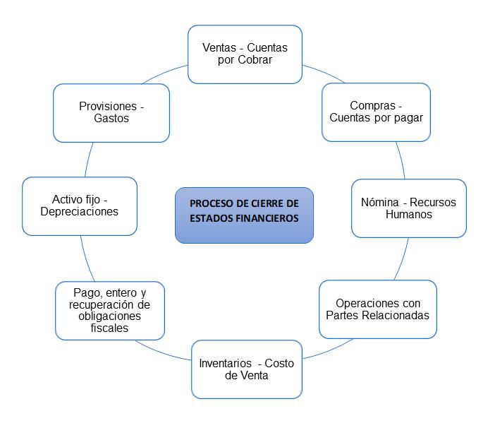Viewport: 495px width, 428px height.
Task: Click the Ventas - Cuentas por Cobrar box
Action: tap(245, 54)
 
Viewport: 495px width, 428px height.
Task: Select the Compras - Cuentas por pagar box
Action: tap(376, 112)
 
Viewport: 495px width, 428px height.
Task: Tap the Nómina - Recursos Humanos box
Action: tap(408, 208)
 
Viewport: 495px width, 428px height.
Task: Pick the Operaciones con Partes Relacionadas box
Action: tap(377, 309)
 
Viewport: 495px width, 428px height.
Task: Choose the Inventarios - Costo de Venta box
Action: tap(246, 369)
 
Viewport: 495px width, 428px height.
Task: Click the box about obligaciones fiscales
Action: tap(110, 311)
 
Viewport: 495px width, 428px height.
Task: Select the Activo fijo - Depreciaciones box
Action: tap(80, 206)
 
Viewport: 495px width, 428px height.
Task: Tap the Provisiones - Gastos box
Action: tap(111, 112)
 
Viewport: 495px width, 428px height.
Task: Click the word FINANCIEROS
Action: tap(269, 218)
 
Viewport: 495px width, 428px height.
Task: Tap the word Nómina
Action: tap(379, 202)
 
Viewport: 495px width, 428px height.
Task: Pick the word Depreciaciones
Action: tap(80, 212)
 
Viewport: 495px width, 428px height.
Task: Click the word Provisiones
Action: tap(107, 106)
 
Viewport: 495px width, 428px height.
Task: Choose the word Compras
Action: tap(372, 106)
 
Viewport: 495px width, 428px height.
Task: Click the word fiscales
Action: tap(110, 328)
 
